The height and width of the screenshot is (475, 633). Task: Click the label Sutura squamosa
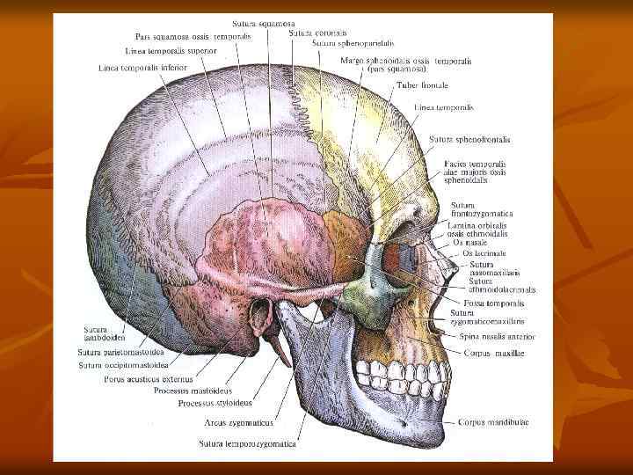pyautogui.click(x=264, y=23)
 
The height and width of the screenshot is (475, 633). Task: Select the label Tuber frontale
pyautogui.click(x=422, y=85)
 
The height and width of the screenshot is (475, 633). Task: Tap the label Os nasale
pyautogui.click(x=470, y=243)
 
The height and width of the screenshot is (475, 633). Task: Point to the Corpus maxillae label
pyautogui.click(x=495, y=352)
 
